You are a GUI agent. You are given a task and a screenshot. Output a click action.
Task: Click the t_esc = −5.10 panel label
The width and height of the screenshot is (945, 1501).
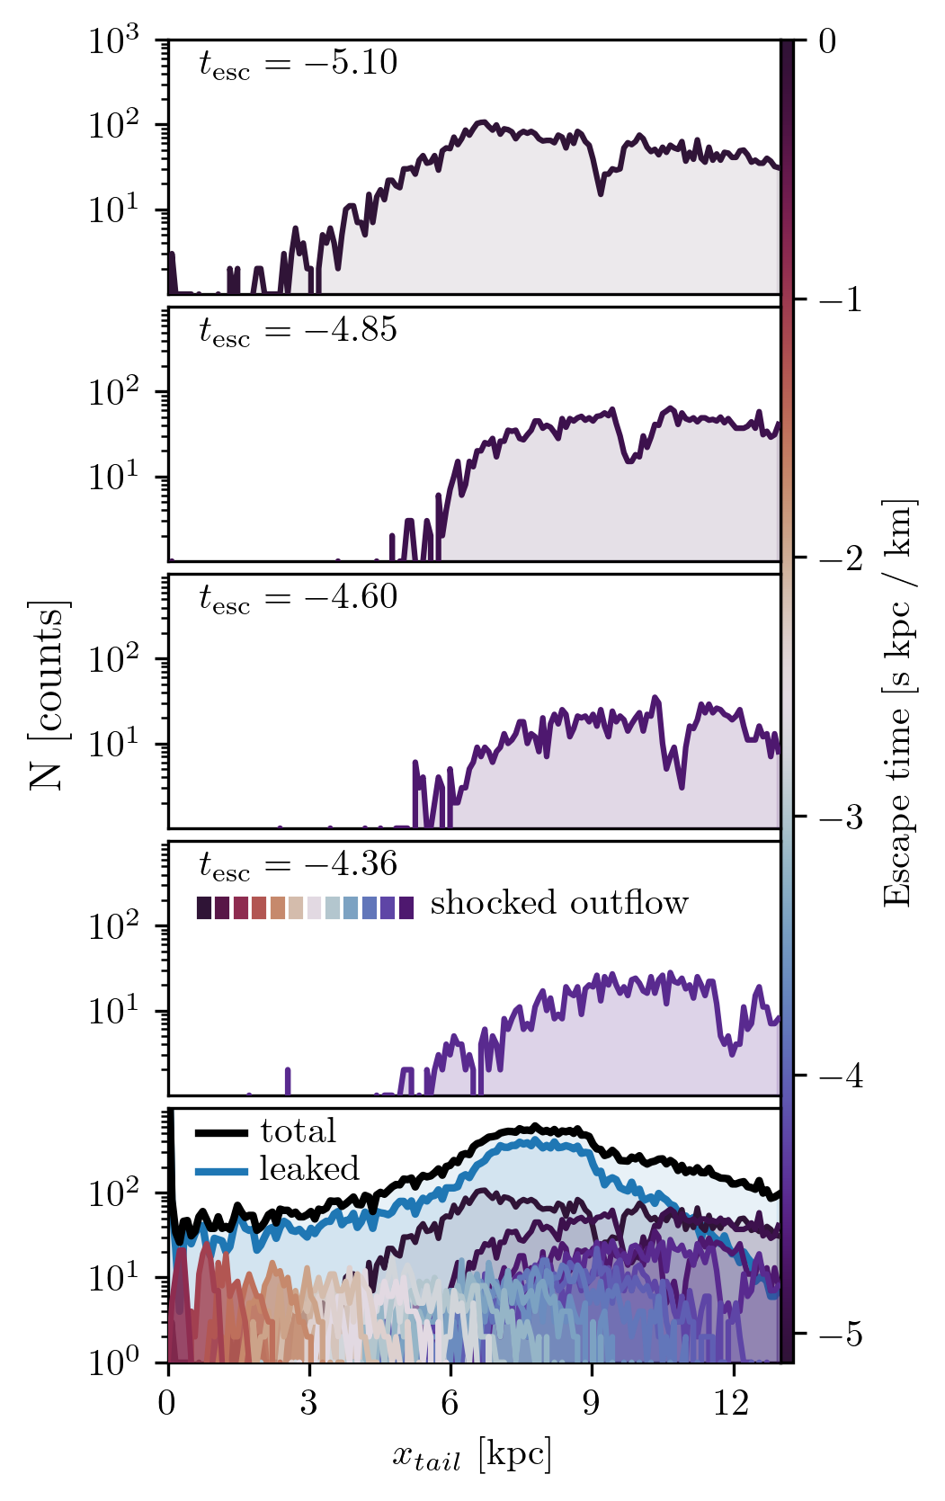298,64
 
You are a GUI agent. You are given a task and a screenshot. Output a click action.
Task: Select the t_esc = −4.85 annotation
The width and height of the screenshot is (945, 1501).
298,331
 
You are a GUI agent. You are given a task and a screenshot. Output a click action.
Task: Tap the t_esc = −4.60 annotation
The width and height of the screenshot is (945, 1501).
298,598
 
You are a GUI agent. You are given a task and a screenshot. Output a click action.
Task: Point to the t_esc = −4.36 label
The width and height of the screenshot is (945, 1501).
298,865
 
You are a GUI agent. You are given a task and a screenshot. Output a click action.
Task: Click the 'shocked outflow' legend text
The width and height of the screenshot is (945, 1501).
558,903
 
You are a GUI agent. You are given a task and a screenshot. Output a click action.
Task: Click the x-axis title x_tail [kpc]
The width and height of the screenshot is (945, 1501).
471,1455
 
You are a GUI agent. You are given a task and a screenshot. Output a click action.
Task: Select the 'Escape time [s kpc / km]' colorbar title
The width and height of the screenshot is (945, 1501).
898,702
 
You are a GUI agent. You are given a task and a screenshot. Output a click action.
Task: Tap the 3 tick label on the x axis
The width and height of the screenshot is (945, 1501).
309,1404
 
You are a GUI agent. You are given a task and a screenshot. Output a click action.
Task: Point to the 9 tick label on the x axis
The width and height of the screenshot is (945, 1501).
592,1404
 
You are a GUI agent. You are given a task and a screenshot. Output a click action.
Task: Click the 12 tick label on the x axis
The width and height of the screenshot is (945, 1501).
732,1404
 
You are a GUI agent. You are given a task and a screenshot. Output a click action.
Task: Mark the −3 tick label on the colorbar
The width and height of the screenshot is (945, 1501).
841,817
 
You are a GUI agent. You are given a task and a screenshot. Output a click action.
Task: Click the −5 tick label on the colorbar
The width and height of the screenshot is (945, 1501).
841,1334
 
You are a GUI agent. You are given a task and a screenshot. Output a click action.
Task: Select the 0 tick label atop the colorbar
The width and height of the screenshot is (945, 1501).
828,41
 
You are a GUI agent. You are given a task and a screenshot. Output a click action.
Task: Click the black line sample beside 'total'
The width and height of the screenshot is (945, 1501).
221,1132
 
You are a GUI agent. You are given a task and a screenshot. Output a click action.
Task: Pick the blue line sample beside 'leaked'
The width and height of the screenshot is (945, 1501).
221,1170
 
